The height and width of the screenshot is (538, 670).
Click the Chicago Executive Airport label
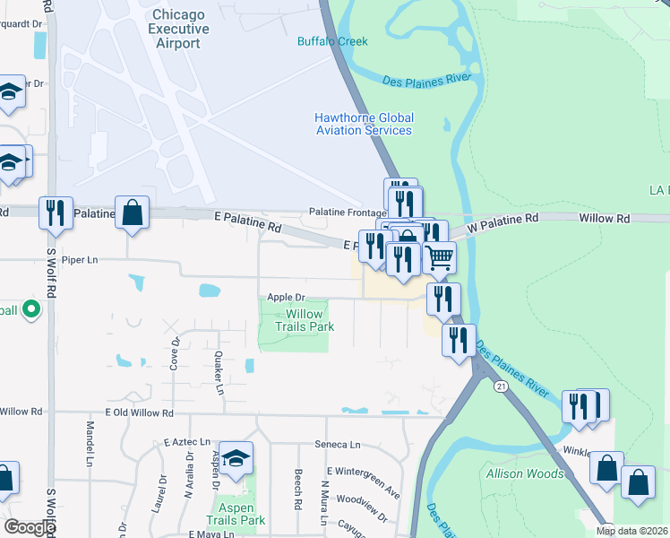[x=180, y=29]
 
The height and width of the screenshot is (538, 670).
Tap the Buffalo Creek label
[x=332, y=41]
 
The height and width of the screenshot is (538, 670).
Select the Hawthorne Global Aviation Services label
[x=364, y=124]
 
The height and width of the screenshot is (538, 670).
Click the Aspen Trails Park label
[x=236, y=514]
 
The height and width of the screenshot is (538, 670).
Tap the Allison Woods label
[x=525, y=473]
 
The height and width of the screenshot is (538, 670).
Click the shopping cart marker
[x=439, y=256]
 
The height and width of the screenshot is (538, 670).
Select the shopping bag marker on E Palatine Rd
[x=132, y=213]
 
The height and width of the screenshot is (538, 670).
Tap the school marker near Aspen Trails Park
[x=236, y=458]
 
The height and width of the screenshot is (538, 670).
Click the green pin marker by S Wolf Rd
[x=31, y=311]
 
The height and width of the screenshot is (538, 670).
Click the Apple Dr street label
[x=287, y=297]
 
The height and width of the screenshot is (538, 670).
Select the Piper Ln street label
[x=79, y=258]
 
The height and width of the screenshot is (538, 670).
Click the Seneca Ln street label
[x=337, y=444]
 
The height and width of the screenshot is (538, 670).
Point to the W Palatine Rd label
[x=506, y=218]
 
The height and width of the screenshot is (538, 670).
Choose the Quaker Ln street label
[x=218, y=372]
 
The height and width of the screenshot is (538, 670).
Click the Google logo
[x=29, y=527]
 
